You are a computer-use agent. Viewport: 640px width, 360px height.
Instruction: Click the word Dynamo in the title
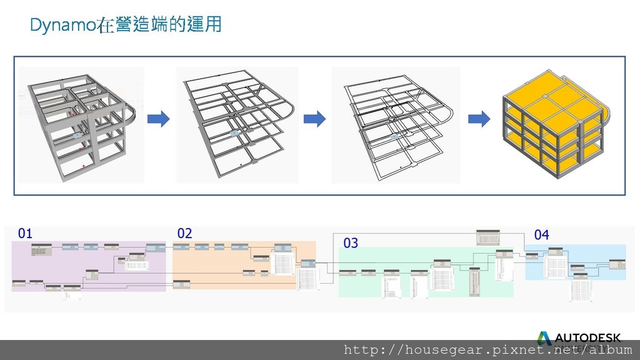pos(62,26)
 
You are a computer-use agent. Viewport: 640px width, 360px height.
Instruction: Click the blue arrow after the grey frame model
pos(159,119)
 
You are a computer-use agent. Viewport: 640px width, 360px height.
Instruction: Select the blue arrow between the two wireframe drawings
pos(314,119)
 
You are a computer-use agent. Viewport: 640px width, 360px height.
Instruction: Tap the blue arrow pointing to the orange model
pos(479,119)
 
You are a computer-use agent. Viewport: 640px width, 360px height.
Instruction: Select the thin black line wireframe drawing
pos(396,125)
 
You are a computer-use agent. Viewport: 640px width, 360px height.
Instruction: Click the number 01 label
pos(25,234)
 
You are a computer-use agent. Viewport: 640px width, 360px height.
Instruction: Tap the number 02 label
pos(184,234)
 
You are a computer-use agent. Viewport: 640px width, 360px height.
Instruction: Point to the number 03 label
pos(351,243)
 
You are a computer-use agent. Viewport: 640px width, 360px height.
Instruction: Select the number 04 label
pos(541,235)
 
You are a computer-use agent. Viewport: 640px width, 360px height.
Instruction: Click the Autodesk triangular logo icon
pos(544,338)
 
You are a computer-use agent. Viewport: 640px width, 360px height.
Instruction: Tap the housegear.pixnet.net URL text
pos(488,350)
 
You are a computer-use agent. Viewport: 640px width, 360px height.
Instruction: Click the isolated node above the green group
pos(488,237)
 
